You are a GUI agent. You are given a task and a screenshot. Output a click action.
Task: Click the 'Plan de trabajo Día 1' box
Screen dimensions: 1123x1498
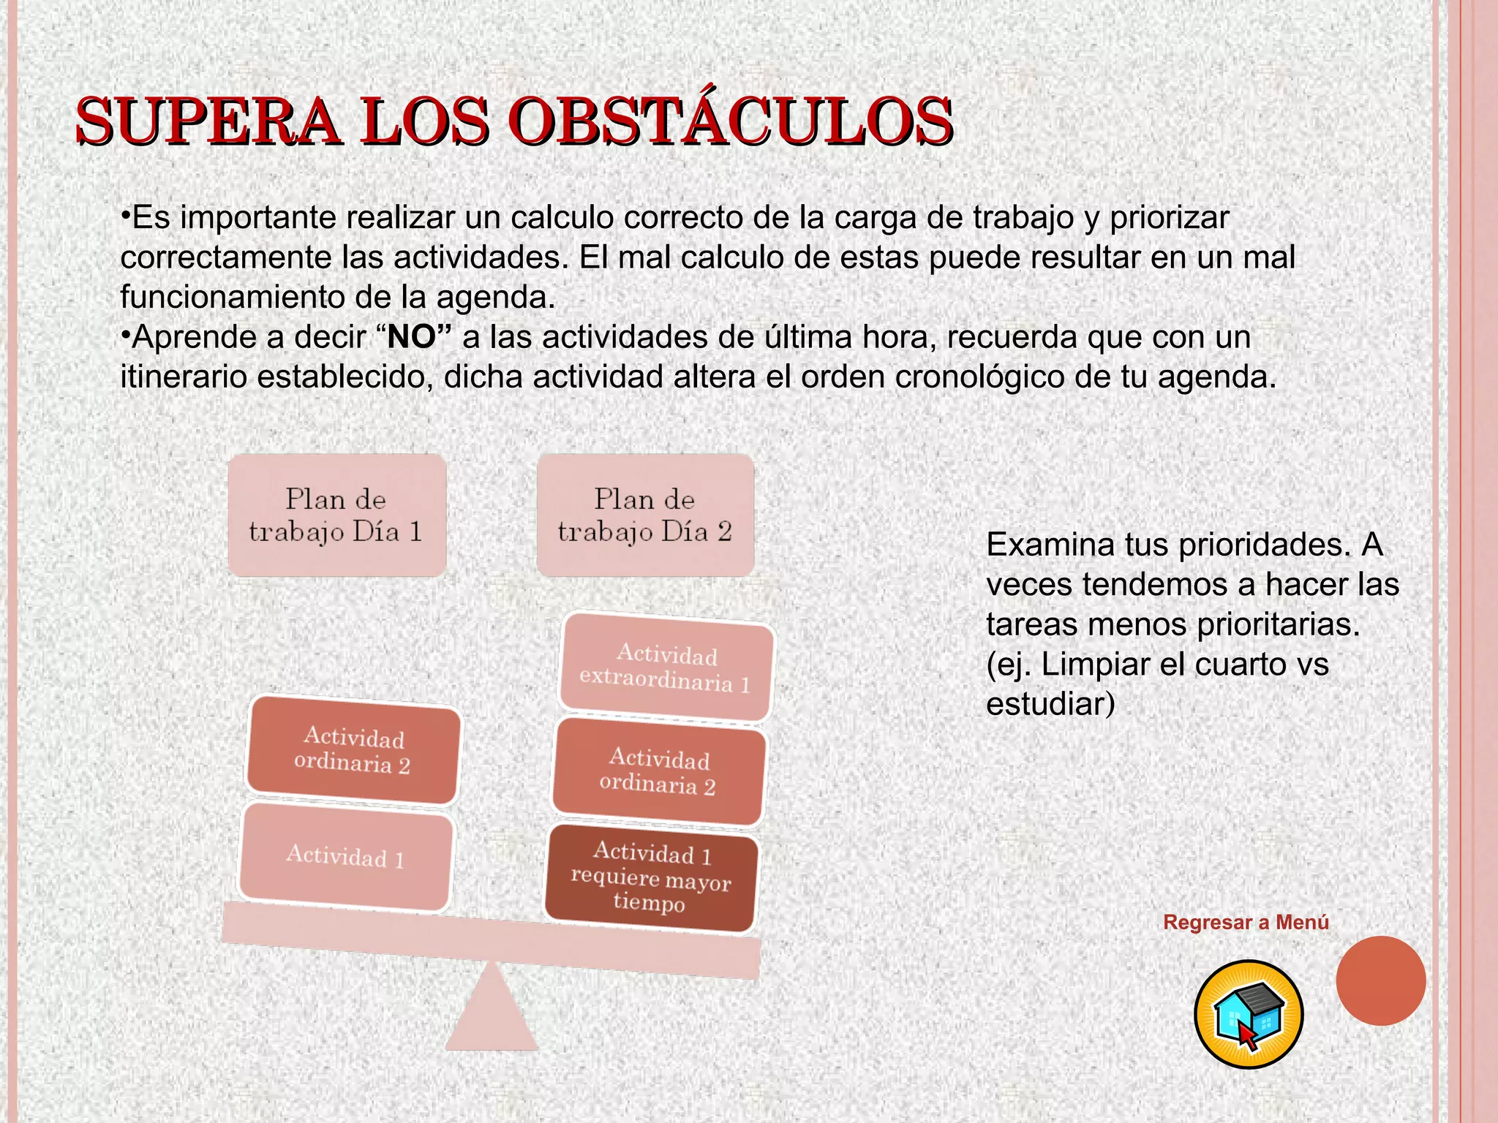[x=336, y=515]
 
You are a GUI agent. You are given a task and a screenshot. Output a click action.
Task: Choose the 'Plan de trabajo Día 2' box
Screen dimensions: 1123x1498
[x=645, y=515]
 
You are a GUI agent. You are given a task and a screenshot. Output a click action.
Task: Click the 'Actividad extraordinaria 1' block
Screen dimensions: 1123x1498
[x=666, y=668]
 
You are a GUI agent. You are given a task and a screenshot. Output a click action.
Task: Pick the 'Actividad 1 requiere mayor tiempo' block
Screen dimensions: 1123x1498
[x=650, y=877]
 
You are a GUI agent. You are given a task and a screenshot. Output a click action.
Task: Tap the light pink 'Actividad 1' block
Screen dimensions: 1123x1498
[x=345, y=856]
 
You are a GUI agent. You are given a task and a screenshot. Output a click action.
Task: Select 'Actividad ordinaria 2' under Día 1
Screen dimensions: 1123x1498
[x=353, y=750]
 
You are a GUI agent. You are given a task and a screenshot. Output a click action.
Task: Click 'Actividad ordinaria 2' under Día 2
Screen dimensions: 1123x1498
[x=658, y=771]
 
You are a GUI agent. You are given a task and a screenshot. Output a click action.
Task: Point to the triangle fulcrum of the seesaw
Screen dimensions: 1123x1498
[x=492, y=1013]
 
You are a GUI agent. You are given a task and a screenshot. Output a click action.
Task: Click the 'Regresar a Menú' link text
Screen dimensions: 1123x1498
[x=1246, y=923]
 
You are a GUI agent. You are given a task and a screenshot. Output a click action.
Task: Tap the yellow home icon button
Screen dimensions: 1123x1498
[x=1249, y=1015]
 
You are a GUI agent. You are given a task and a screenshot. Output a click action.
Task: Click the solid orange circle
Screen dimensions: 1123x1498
[x=1380, y=980]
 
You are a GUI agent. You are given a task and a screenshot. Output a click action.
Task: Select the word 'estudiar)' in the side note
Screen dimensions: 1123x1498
[x=1050, y=704]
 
